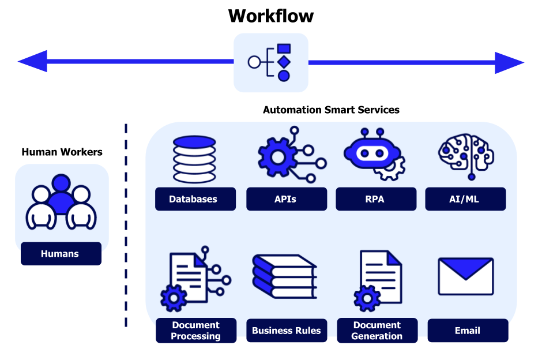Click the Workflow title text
click(x=270, y=16)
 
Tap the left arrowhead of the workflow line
click(x=32, y=62)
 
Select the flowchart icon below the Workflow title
click(x=270, y=62)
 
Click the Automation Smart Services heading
click(x=331, y=110)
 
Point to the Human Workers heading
click(x=62, y=152)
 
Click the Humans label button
click(x=61, y=254)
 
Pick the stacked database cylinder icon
click(x=194, y=159)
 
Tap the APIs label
click(x=285, y=199)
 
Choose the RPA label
click(x=375, y=199)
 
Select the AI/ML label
click(x=465, y=199)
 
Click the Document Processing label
click(x=196, y=331)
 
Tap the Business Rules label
click(x=287, y=331)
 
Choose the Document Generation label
click(x=377, y=331)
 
